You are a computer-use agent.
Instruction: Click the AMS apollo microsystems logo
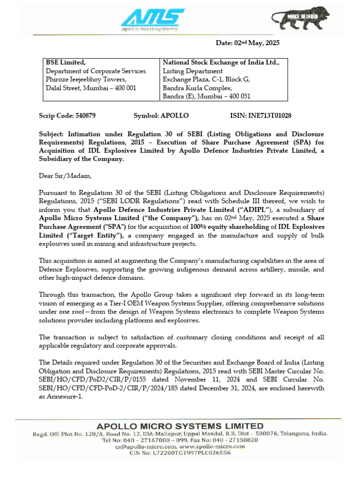click(x=150, y=20)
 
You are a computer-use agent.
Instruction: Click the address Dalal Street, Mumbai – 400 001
click(x=91, y=88)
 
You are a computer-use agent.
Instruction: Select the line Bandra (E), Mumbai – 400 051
click(x=206, y=97)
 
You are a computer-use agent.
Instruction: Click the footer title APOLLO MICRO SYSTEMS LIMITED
click(x=180, y=426)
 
